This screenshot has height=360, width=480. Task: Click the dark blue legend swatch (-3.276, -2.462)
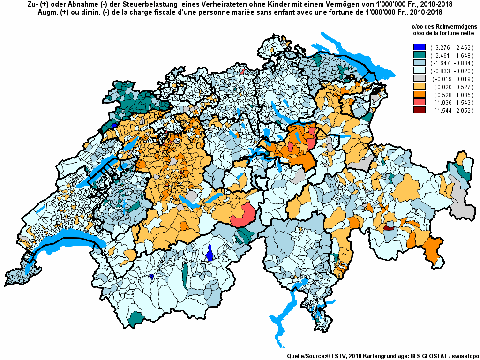(420, 47)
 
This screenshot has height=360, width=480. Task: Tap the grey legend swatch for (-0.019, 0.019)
(420, 79)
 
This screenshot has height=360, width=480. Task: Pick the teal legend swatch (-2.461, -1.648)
(420, 55)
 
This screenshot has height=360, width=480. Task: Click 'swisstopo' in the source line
(463, 356)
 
